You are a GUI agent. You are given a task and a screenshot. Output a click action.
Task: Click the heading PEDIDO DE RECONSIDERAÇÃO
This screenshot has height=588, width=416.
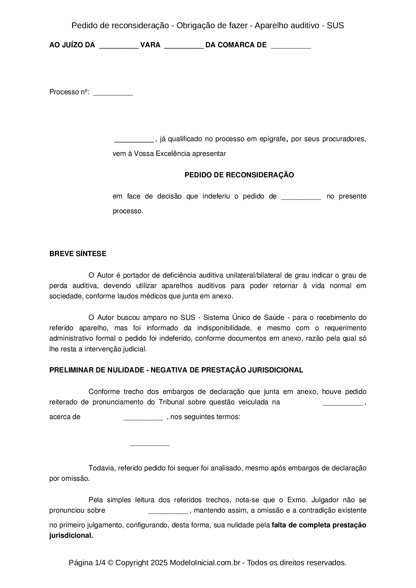point(239,175)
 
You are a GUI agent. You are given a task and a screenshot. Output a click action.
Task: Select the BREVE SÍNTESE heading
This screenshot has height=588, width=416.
point(77,254)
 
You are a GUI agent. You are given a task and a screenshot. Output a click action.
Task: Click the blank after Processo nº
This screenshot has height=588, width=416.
point(113,93)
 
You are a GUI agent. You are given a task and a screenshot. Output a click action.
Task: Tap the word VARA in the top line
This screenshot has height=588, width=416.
point(150,45)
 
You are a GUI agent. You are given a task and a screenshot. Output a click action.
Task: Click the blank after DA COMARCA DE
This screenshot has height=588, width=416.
point(291,46)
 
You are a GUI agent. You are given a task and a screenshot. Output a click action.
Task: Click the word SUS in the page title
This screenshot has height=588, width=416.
point(335,25)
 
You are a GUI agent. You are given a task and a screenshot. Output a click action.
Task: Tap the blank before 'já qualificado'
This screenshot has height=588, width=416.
point(134,140)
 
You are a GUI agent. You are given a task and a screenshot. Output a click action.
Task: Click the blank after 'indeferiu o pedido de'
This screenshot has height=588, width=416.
point(301,197)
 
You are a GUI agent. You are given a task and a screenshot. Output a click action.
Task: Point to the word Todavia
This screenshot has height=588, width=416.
point(101,468)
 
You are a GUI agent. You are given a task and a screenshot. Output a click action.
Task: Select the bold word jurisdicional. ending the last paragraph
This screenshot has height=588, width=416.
point(71,535)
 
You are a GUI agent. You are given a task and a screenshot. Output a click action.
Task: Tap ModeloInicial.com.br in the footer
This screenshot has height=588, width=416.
point(205,563)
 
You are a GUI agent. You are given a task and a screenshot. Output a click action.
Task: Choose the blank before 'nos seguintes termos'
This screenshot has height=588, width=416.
point(143,418)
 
